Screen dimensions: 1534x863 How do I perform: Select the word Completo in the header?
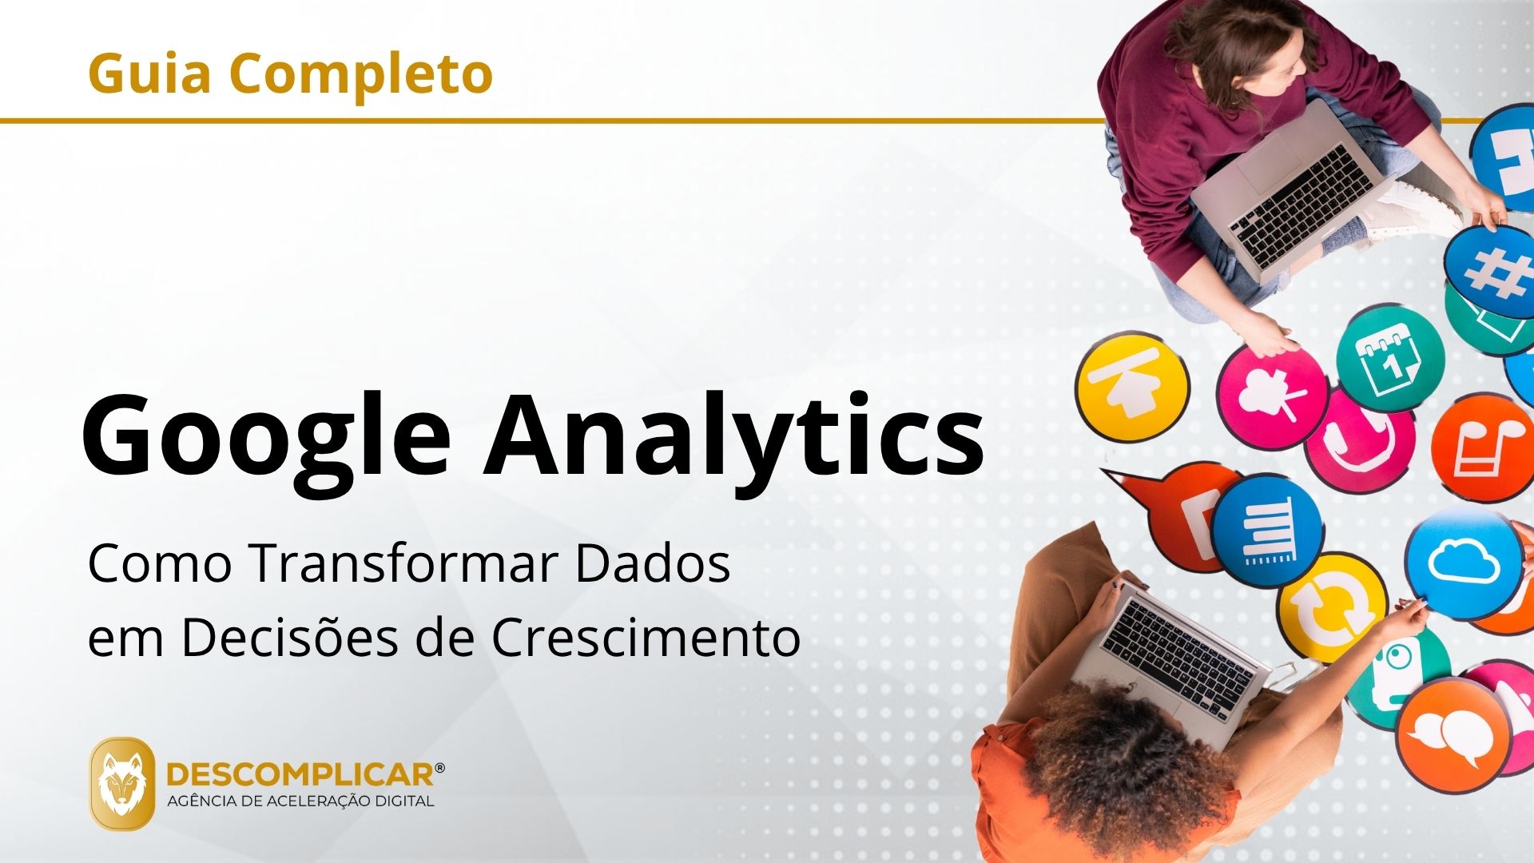tap(361, 74)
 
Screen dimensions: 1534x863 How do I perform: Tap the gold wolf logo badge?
tap(122, 783)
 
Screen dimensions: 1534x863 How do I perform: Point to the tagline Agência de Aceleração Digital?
tap(300, 801)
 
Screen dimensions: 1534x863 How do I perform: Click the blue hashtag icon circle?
tap(1489, 270)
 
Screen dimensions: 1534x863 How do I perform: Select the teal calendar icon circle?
tap(1391, 358)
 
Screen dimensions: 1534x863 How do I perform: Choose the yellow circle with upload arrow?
tap(1132, 387)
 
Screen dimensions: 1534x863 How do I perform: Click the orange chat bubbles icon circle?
tap(1453, 734)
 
